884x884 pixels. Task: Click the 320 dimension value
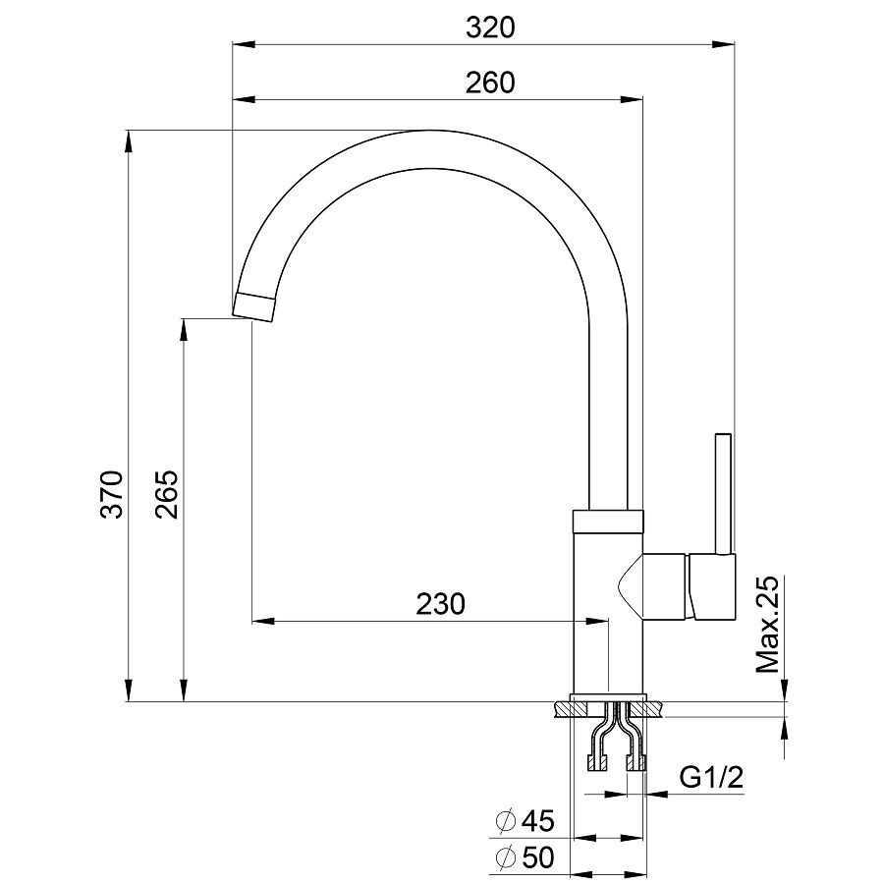[490, 28]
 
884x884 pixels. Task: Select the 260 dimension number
[490, 83]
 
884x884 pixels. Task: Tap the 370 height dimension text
[111, 494]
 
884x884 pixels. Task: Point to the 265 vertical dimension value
[167, 494]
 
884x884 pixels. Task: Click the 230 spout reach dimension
[440, 604]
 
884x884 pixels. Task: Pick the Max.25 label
[767, 624]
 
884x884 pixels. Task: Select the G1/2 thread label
[711, 778]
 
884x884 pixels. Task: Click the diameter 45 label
[525, 820]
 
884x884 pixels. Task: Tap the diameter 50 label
[525, 857]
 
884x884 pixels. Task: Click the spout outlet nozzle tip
[254, 307]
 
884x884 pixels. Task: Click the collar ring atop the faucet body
[608, 522]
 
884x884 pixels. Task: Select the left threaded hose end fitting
[597, 764]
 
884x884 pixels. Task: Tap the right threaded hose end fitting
[635, 764]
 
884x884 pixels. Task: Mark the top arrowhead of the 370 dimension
[129, 141]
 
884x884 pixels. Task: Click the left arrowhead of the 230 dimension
[262, 622]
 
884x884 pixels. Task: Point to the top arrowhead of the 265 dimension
[184, 330]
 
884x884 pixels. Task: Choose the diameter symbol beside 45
[506, 820]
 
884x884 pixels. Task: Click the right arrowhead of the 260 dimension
[632, 100]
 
